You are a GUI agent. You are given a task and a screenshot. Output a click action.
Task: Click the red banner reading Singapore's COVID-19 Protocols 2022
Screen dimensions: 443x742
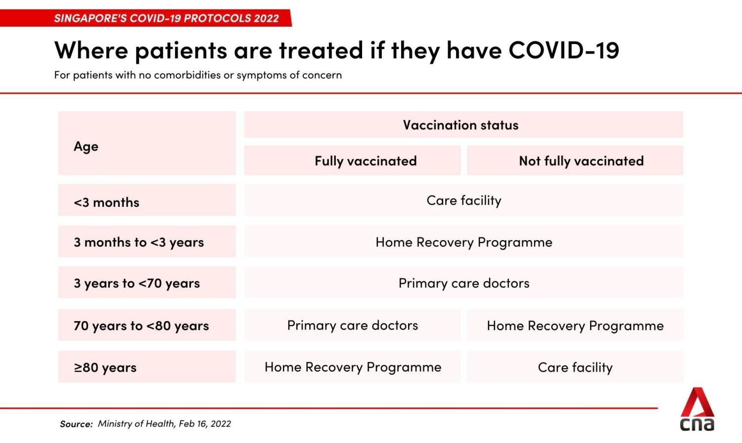(x=166, y=18)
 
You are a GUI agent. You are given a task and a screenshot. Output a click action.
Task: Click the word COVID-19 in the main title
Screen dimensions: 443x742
(x=563, y=50)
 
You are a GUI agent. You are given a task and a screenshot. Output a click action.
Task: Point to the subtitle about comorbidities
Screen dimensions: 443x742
(x=198, y=75)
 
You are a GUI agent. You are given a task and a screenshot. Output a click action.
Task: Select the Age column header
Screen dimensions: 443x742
(x=86, y=147)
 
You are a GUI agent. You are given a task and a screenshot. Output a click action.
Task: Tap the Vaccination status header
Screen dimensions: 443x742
(x=461, y=125)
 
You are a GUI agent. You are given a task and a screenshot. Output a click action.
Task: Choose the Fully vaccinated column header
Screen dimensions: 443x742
(x=366, y=161)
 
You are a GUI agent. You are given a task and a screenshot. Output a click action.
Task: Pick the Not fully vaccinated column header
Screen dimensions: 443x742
(x=581, y=161)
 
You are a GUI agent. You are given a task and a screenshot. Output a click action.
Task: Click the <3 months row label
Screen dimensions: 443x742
(x=107, y=202)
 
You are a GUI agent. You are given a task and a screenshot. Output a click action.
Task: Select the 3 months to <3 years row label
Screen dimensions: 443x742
(x=139, y=242)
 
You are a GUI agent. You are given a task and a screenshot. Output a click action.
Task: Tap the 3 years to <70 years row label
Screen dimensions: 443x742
(x=137, y=283)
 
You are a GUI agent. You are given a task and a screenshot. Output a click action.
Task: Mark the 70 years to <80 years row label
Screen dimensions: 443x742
(x=141, y=326)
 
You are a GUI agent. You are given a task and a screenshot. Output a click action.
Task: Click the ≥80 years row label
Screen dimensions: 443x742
(x=105, y=367)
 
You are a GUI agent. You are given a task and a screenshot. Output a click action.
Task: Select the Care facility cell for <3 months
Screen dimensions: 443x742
(x=464, y=200)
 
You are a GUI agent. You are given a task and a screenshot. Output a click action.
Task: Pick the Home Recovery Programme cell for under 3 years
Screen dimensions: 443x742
(x=464, y=242)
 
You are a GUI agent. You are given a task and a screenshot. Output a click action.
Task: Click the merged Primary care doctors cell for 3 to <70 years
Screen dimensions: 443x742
(x=464, y=283)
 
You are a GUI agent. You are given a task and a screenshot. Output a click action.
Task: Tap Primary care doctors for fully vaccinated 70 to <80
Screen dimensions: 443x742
(x=352, y=325)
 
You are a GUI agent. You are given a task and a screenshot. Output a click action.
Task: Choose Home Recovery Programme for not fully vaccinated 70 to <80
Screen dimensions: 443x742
(x=575, y=326)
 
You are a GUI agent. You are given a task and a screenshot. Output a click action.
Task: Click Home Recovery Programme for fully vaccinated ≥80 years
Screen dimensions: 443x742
(x=353, y=367)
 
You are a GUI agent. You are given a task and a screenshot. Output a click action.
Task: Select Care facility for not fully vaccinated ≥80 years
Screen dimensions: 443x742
(x=575, y=367)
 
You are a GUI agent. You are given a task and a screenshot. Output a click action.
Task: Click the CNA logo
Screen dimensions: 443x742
(x=697, y=410)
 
